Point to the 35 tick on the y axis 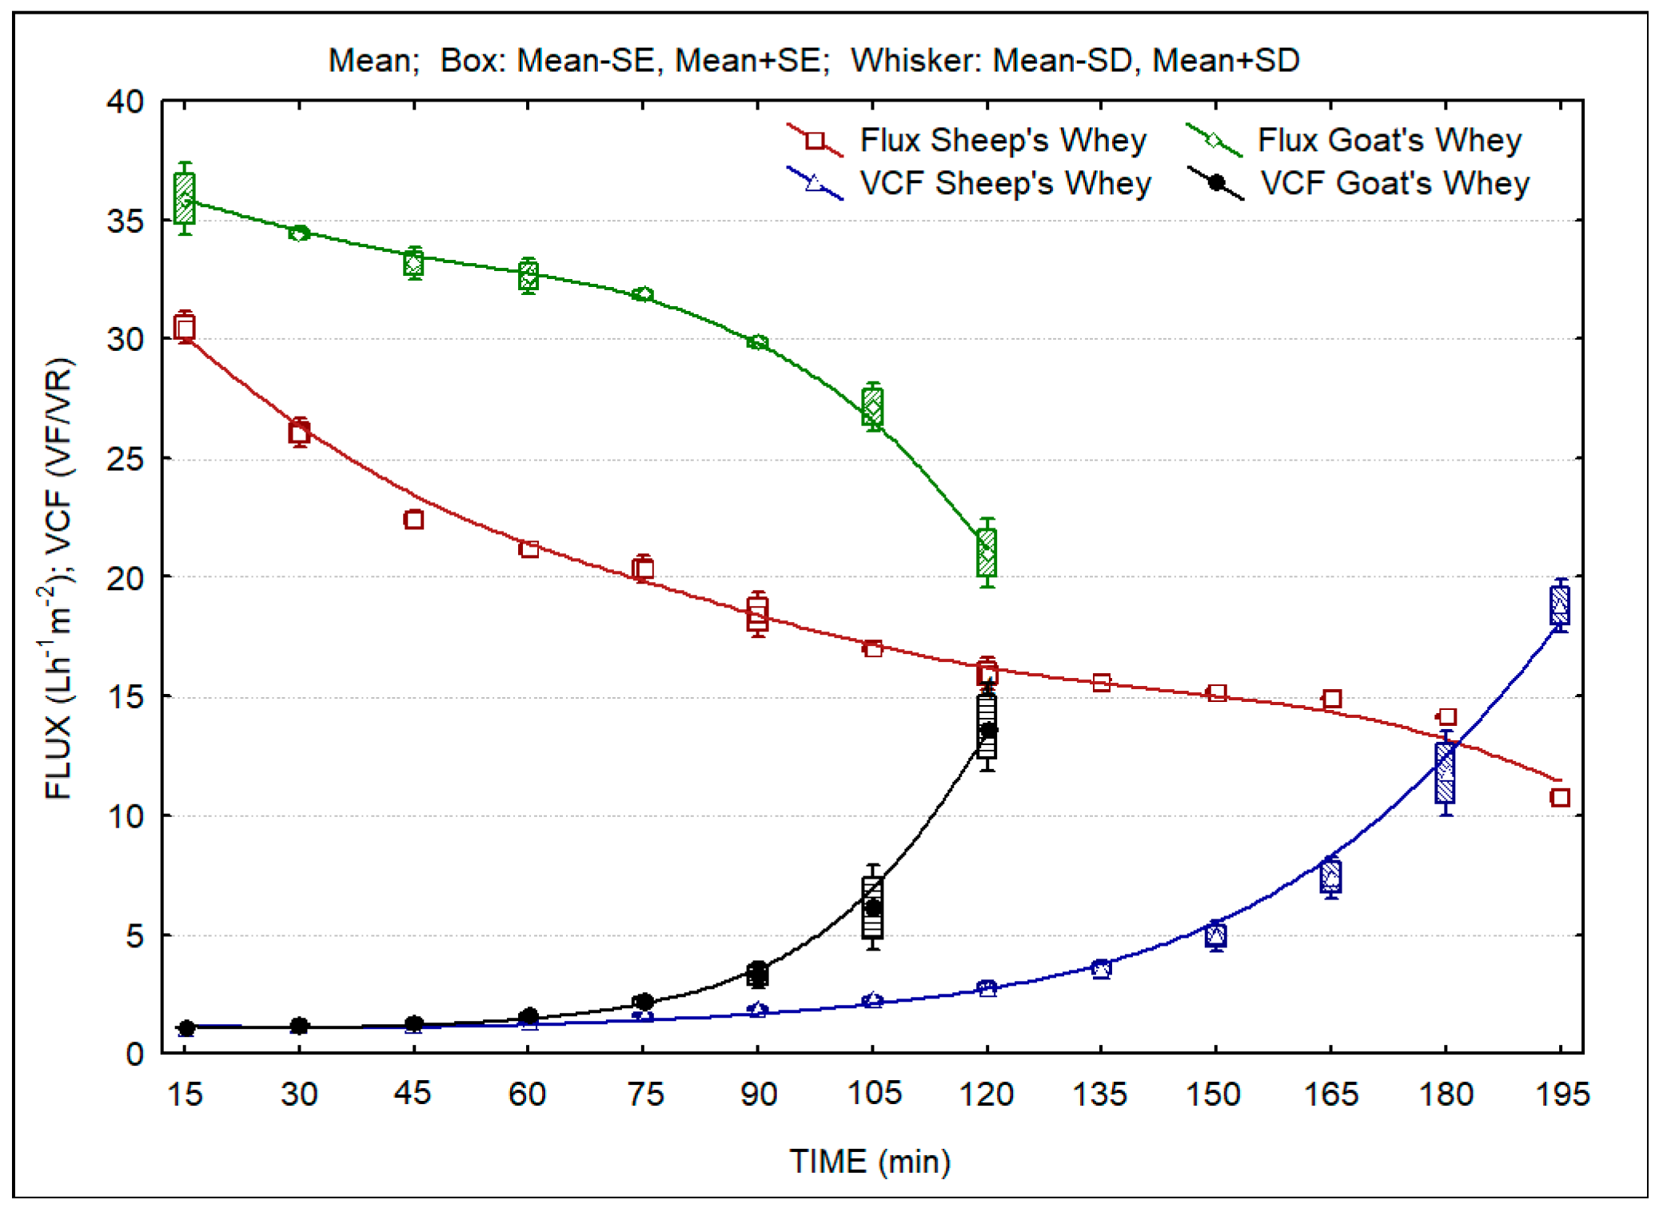[126, 221]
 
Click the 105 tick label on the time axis [873, 1093]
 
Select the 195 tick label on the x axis [1561, 1093]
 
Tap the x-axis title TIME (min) [870, 1162]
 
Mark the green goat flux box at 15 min [185, 198]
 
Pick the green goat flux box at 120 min [987, 552]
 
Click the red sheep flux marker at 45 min [413, 520]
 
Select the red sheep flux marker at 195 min [1560, 797]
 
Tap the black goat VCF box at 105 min [872, 907]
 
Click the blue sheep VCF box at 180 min [1445, 772]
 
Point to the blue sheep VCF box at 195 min [1559, 605]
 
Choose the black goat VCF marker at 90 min [757, 973]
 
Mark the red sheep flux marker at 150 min [1216, 693]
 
